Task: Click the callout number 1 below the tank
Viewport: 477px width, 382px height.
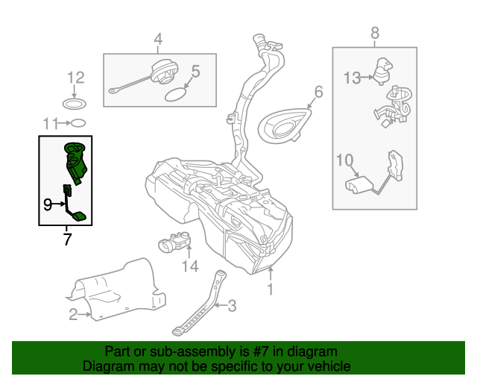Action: [271, 288]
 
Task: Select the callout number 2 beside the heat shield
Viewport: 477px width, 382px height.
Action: [73, 315]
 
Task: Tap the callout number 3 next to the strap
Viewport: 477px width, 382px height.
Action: [232, 304]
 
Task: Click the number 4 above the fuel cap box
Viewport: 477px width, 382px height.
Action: [158, 39]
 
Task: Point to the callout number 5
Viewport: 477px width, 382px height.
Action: [196, 72]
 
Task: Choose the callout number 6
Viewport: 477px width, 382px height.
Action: [318, 92]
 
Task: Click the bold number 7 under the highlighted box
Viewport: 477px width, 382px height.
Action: [67, 239]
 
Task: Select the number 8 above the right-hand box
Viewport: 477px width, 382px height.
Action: [375, 33]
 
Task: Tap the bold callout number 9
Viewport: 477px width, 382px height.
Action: [47, 202]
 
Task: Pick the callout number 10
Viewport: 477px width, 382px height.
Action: [344, 160]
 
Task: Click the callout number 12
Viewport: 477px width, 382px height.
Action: [76, 77]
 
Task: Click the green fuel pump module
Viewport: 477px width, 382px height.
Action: [75, 160]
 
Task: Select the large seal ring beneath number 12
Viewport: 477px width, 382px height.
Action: [75, 103]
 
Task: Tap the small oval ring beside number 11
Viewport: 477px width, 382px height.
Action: [80, 123]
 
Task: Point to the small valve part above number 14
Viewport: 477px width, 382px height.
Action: [176, 242]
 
